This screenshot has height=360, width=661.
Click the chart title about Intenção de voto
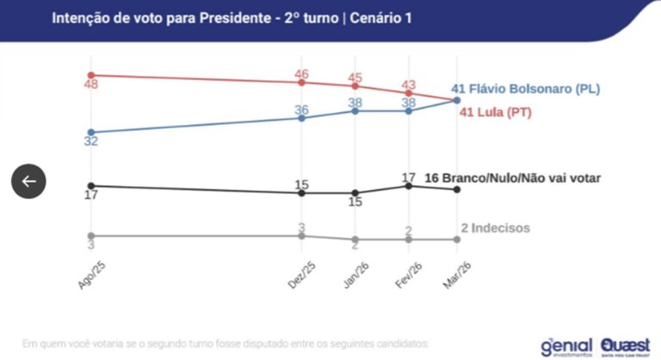(231, 17)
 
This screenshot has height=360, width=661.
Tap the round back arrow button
(28, 181)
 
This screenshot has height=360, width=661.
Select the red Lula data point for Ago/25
(90, 75)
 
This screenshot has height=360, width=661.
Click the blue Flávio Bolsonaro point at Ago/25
(90, 132)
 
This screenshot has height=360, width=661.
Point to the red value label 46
(301, 74)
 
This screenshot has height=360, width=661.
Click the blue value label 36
(301, 109)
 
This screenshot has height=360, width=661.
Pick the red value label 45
(355, 78)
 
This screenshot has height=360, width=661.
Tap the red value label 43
(409, 84)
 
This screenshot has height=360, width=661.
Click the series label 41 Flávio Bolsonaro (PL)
(525, 89)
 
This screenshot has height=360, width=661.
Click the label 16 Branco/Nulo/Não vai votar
(513, 177)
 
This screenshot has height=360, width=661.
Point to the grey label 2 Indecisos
(495, 228)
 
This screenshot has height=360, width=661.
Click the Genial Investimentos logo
(566, 346)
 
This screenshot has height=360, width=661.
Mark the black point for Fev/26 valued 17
(409, 185)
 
